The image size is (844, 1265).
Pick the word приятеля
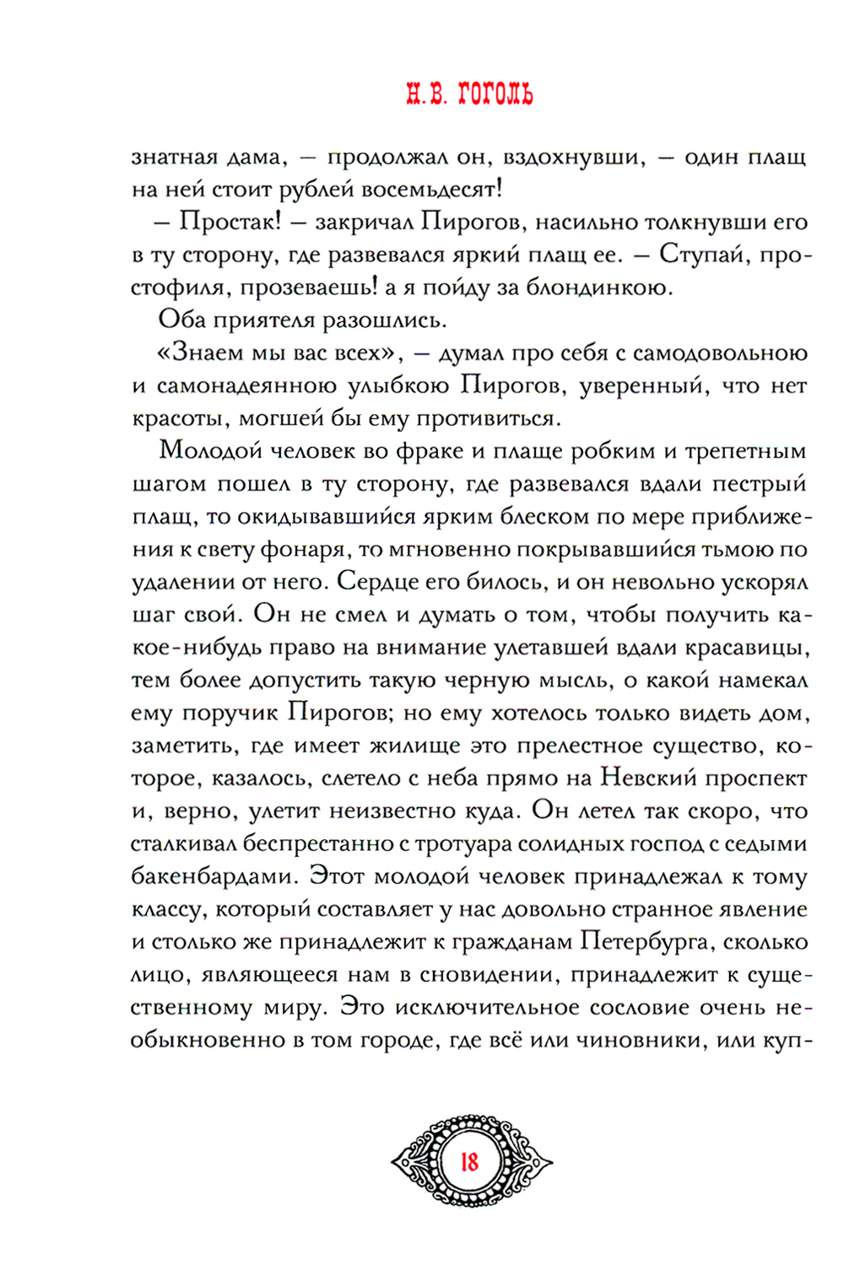point(273,320)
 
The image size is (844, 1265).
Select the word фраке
point(427,451)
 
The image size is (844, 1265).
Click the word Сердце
point(384,583)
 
